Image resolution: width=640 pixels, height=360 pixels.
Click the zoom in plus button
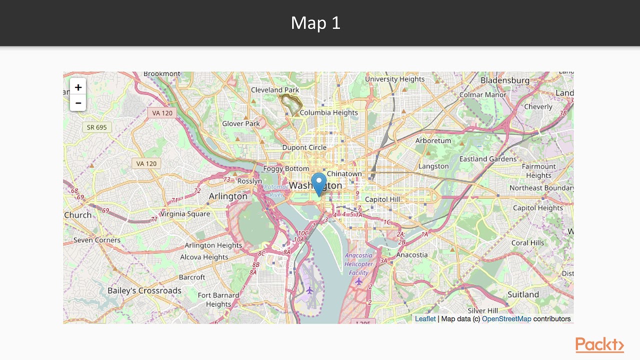click(78, 87)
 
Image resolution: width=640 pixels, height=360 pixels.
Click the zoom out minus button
click(78, 103)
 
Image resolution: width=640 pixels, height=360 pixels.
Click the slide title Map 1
click(315, 23)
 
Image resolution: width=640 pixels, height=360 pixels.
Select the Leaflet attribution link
click(425, 319)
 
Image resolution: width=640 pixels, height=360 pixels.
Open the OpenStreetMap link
click(506, 319)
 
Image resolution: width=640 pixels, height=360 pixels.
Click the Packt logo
click(599, 345)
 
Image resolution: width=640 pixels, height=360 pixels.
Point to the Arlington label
click(228, 196)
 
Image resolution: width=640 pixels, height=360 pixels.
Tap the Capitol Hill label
click(382, 199)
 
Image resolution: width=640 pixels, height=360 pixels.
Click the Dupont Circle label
click(304, 148)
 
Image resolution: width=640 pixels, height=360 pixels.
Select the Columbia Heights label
click(328, 113)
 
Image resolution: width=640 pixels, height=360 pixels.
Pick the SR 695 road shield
click(97, 127)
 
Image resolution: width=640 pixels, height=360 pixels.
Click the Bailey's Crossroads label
click(144, 290)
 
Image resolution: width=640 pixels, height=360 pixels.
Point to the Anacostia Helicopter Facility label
click(358, 264)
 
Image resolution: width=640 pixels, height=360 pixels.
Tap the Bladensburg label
click(504, 80)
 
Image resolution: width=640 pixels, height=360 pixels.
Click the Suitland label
click(523, 294)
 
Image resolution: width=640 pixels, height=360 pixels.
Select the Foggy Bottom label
click(286, 169)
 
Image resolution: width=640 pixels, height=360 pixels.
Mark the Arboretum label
click(433, 141)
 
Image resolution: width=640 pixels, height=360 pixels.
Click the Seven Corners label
click(97, 240)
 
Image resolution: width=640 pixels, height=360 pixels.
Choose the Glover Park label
click(241, 123)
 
